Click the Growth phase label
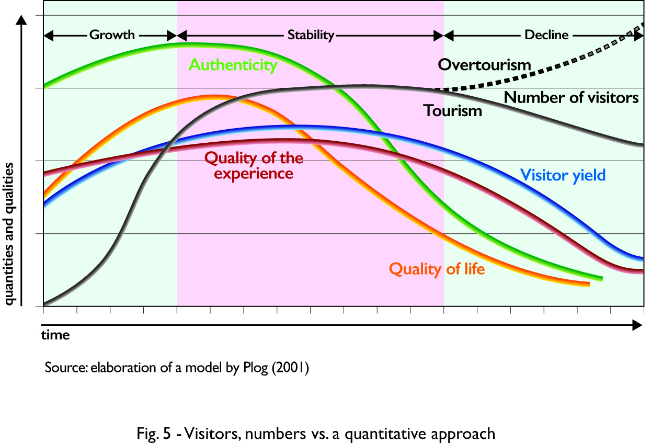click(x=112, y=36)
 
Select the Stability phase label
click(x=311, y=36)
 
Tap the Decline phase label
click(x=546, y=36)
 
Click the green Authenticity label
click(x=233, y=65)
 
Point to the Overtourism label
click(x=485, y=65)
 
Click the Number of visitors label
click(x=571, y=98)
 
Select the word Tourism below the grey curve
click(x=453, y=111)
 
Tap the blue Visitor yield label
click(x=563, y=175)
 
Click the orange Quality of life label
click(x=437, y=269)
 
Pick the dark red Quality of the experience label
click(x=254, y=165)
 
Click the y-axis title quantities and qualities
click(x=9, y=233)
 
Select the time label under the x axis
click(x=55, y=335)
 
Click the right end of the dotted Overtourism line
click(x=643, y=25)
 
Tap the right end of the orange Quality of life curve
click(x=589, y=284)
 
